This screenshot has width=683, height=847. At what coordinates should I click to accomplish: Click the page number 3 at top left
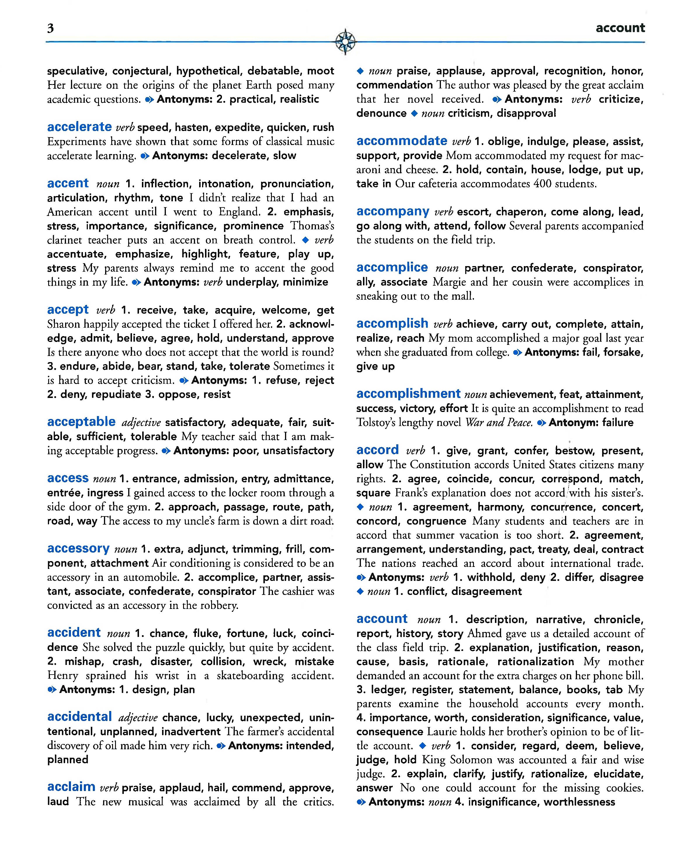pyautogui.click(x=50, y=28)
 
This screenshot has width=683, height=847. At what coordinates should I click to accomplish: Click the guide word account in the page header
pyautogui.click(x=620, y=28)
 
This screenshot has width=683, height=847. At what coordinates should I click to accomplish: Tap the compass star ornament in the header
pyautogui.click(x=345, y=41)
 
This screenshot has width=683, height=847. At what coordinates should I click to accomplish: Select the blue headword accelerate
pyautogui.click(x=79, y=127)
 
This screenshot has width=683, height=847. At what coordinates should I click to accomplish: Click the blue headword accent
pyautogui.click(x=68, y=184)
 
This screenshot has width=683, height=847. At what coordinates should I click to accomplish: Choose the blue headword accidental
pyautogui.click(x=79, y=717)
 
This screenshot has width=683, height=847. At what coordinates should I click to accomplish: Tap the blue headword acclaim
pyautogui.click(x=71, y=787)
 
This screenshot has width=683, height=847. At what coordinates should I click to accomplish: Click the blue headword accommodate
pyautogui.click(x=402, y=141)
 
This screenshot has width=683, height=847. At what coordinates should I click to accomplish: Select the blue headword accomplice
pyautogui.click(x=392, y=268)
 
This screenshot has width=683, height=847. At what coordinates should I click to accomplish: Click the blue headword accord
pyautogui.click(x=377, y=450)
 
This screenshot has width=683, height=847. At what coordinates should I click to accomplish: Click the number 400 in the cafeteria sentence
pyautogui.click(x=543, y=184)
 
